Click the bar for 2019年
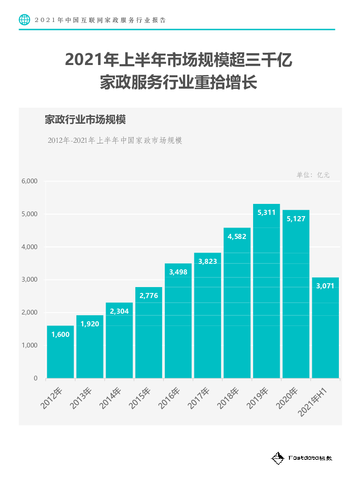pos(266,296)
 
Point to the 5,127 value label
pos(296,219)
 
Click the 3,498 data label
pos(178,272)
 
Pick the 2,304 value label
pos(119,311)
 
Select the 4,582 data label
pos(237,236)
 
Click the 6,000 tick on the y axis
pos(30,181)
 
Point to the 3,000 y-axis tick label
pos(30,279)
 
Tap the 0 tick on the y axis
pos(35,378)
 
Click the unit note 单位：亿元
pos(313,175)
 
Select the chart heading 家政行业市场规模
pos(85,120)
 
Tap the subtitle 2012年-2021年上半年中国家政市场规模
pos(115,141)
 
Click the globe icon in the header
pos(25,19)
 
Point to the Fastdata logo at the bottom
pos(302,458)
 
